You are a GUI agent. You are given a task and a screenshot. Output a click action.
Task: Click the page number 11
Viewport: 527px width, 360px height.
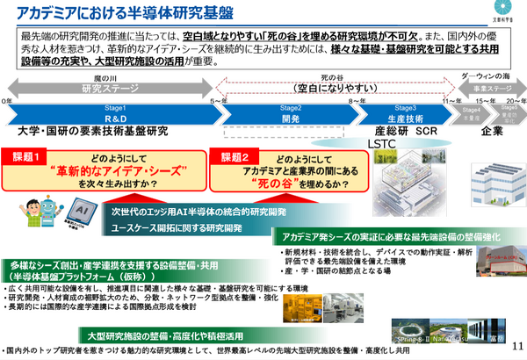(515, 346)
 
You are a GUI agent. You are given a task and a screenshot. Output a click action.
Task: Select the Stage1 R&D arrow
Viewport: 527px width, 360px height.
(115, 114)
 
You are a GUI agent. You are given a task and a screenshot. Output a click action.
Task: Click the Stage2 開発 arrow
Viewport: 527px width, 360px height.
(291, 114)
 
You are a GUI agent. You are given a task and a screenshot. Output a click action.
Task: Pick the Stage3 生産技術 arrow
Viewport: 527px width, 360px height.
(404, 114)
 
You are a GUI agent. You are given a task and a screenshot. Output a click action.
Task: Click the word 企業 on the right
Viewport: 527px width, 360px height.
(492, 132)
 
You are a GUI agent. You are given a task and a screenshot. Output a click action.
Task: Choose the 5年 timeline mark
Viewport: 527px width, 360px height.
(217, 103)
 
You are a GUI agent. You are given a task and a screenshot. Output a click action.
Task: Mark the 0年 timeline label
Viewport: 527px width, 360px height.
(9, 103)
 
